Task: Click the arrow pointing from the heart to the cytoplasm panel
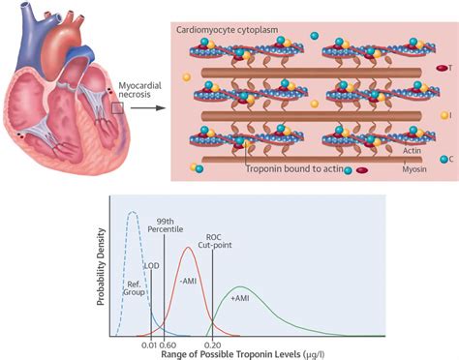[x=144, y=109]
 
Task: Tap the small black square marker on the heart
[x=117, y=108]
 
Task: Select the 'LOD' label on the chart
[x=152, y=264]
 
